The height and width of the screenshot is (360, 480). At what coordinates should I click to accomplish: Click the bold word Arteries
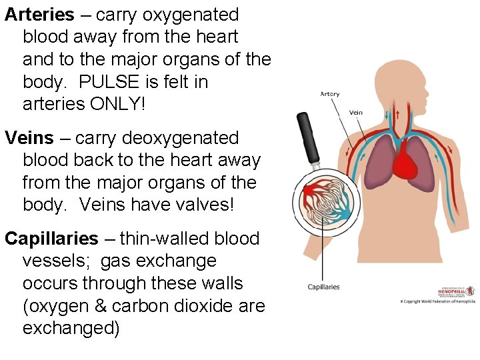pos(39,15)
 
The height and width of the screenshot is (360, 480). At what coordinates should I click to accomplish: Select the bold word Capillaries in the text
pos(51,239)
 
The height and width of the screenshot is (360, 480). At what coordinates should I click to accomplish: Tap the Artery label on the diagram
pos(330,95)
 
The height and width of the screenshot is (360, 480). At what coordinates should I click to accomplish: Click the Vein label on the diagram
pos(356,113)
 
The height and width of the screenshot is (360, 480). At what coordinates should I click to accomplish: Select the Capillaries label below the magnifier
pos(323,287)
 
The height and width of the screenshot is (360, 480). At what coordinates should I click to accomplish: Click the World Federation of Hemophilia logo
pos(455,291)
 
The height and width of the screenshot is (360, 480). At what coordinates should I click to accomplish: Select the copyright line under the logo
pos(437,302)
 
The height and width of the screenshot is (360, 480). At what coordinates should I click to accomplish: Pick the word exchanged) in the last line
pos(71,328)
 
